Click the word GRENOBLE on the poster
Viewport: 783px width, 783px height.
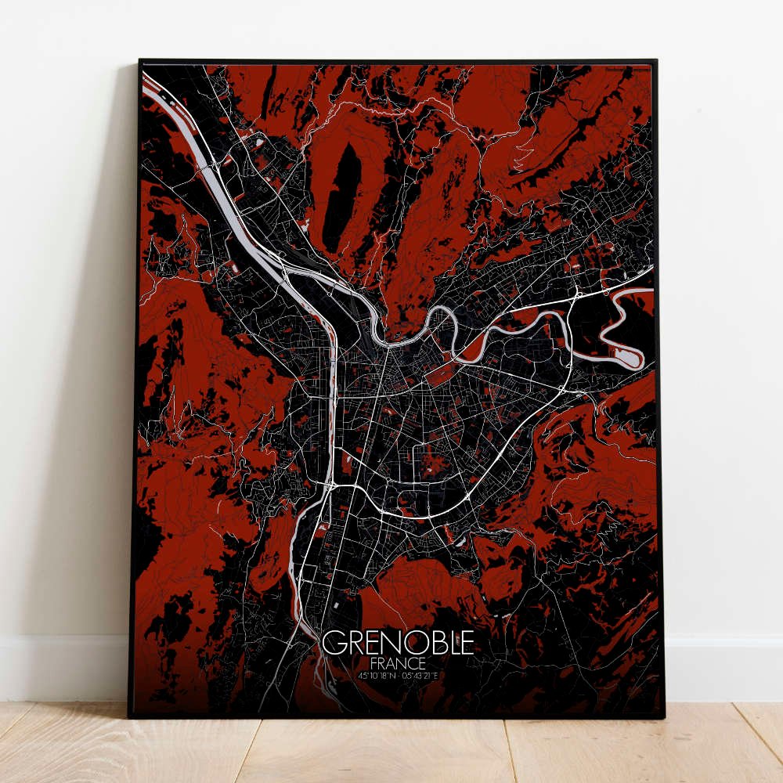(398, 643)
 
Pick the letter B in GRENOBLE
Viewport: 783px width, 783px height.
(432, 643)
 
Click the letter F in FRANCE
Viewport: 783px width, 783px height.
(373, 662)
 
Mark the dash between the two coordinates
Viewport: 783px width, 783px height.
(399, 675)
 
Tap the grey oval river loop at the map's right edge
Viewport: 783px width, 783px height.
(626, 356)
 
